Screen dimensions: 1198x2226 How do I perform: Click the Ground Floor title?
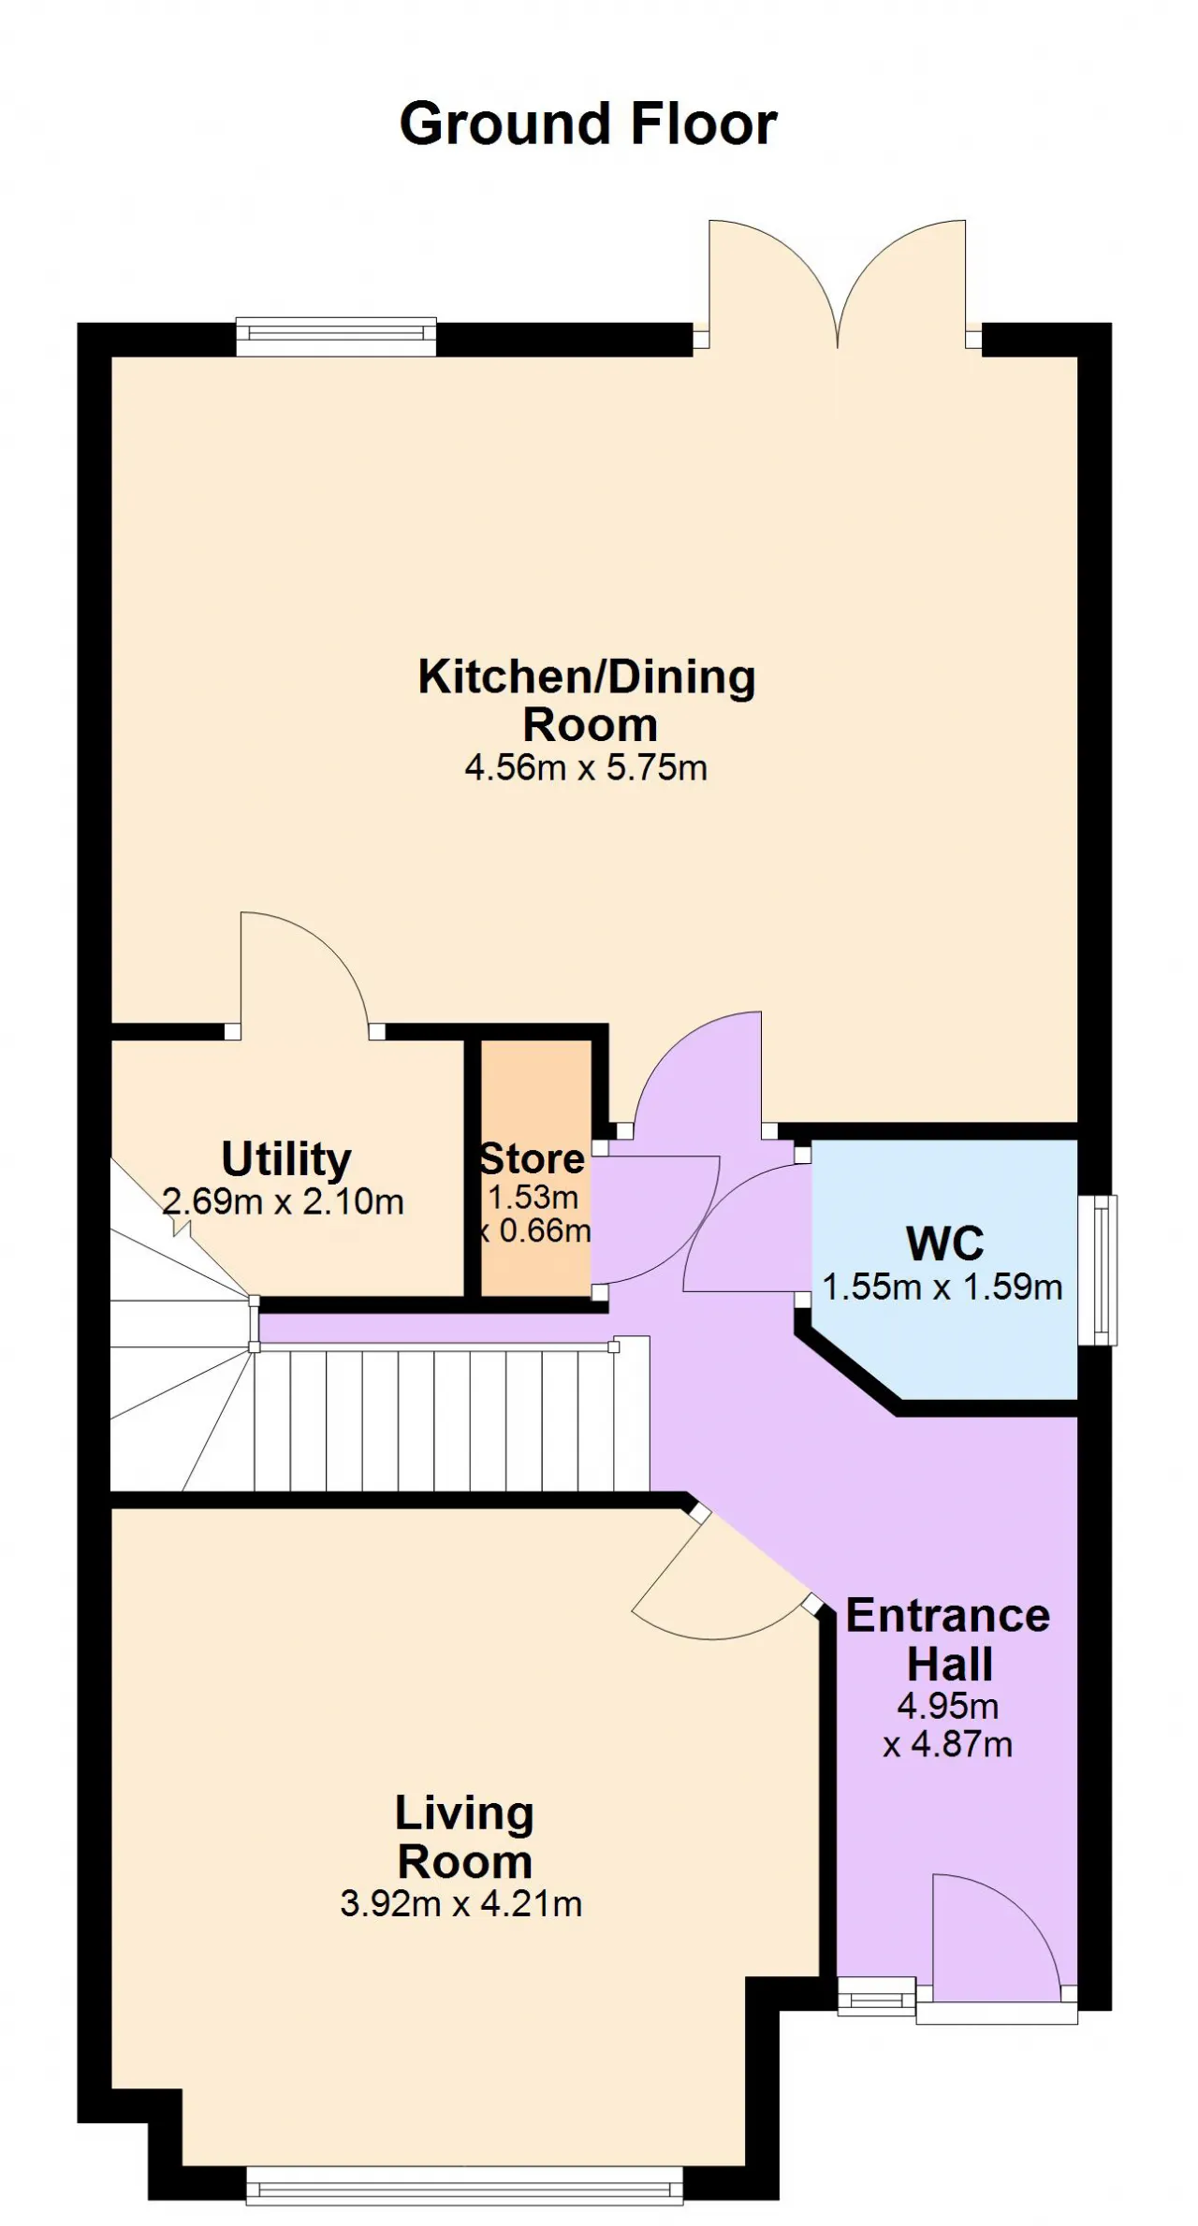tap(588, 124)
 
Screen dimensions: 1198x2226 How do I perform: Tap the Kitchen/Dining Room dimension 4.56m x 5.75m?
tap(586, 768)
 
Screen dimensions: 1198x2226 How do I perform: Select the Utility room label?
tap(286, 1159)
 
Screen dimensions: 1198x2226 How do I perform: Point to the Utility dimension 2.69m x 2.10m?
tap(284, 1201)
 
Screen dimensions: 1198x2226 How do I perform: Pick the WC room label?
tap(945, 1244)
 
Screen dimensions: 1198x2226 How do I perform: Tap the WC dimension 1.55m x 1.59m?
tap(942, 1288)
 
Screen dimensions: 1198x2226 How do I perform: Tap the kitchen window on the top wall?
tap(336, 337)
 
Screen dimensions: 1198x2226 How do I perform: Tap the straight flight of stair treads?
tap(451, 1419)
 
